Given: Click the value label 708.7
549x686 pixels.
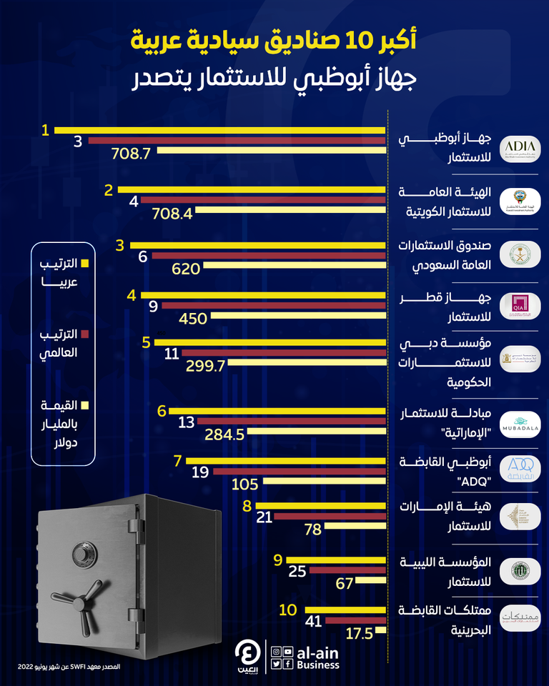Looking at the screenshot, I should click(129, 152).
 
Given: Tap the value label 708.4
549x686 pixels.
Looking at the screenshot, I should click(172, 212).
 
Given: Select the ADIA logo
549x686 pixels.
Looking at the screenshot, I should click(520, 147).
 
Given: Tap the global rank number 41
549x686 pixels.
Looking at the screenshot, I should click(313, 622).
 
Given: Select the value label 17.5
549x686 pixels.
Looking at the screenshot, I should click(360, 632).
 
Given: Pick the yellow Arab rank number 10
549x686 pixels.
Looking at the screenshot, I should click(287, 610).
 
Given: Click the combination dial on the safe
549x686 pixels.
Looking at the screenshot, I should click(80, 553).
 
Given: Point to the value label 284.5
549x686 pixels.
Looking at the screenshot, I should click(225, 434).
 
